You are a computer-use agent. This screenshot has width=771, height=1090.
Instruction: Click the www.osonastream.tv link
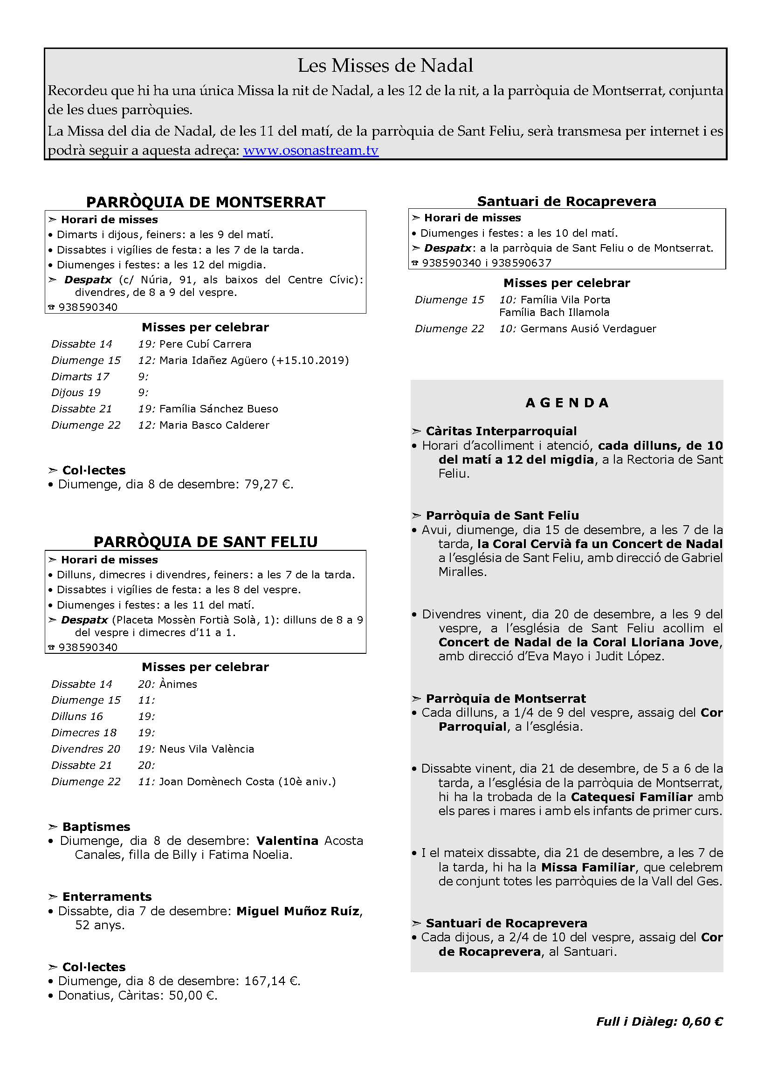[310, 151]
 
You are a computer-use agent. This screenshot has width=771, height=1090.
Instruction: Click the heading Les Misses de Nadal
[385, 66]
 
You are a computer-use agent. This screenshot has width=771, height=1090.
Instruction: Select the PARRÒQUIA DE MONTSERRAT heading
[206, 202]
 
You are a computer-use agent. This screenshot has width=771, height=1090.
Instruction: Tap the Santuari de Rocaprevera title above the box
[566, 201]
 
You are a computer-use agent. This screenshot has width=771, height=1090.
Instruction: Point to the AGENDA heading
[567, 403]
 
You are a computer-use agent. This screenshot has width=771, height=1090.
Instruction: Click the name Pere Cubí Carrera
[205, 344]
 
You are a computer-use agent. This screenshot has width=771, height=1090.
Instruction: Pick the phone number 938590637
[521, 262]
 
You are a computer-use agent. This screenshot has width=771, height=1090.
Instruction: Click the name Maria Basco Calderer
[214, 425]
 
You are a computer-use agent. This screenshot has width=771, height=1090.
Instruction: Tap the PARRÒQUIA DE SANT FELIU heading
[206, 542]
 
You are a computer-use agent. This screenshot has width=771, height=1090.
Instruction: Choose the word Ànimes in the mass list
[178, 684]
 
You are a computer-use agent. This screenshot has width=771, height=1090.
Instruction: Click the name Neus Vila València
[207, 749]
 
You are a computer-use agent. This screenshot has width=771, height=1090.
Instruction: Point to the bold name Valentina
[287, 841]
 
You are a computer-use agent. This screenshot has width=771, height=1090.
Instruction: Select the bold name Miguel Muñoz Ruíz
[299, 911]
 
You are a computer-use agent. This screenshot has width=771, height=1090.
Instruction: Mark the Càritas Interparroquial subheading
[501, 431]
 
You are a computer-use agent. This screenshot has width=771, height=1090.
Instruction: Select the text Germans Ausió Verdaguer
[588, 329]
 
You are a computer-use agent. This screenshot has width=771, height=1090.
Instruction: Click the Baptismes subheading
[96, 827]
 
